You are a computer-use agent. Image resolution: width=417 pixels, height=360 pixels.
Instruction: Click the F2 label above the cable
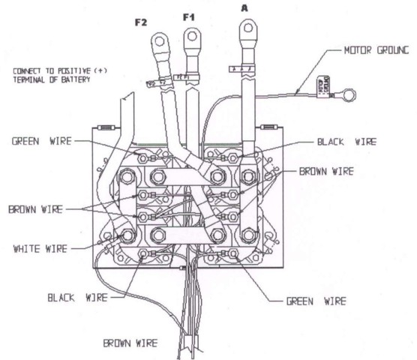pyautogui.click(x=140, y=22)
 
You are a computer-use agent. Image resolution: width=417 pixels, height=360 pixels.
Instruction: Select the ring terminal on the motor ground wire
pyautogui.click(x=346, y=94)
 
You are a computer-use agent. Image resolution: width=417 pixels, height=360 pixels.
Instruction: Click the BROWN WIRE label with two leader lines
pyautogui.click(x=36, y=208)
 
